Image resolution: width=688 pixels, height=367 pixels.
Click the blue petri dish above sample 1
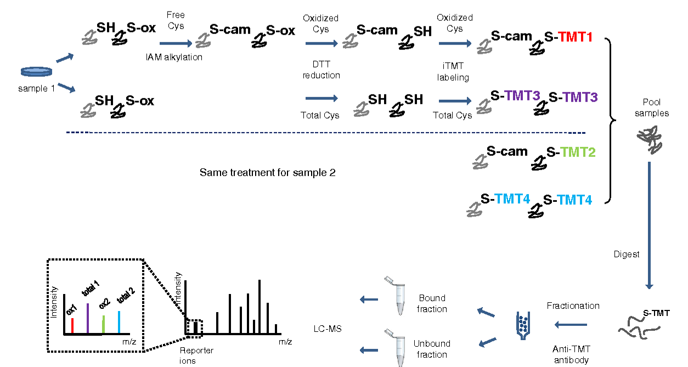tap(37, 72)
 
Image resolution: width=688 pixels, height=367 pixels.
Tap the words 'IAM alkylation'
tap(174, 57)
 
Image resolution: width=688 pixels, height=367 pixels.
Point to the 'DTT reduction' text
tap(322, 70)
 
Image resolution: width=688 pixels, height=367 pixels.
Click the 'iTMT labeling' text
tap(453, 72)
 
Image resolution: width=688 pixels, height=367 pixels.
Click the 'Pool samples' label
tap(656, 108)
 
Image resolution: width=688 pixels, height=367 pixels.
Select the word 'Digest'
tap(626, 255)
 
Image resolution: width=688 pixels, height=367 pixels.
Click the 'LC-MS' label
tap(324, 328)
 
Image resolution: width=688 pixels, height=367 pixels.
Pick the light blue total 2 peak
tap(119, 321)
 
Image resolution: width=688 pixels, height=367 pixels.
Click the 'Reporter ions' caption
tap(196, 355)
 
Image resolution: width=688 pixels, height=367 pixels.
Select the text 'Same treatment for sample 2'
tap(267, 173)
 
